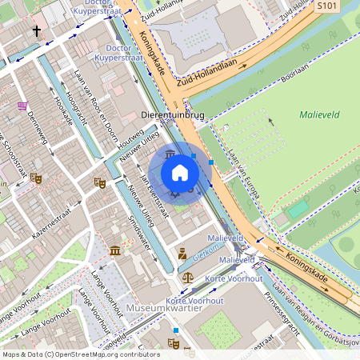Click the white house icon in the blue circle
click(x=180, y=173)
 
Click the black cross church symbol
click(x=36, y=31)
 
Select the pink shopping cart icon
click(x=22, y=106)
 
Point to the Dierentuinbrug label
click(x=172, y=115)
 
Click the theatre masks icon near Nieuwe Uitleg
click(x=100, y=182)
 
